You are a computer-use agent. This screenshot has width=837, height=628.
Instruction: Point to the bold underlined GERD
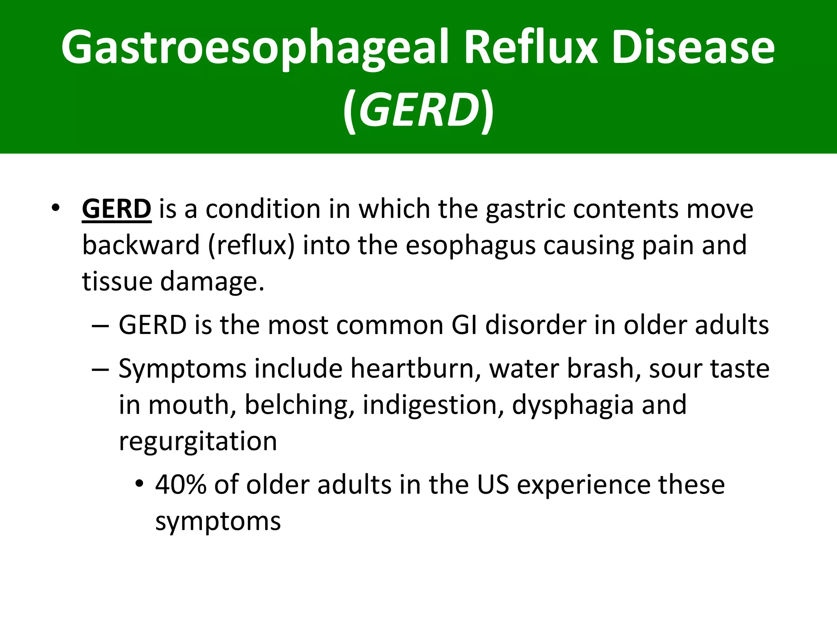click(x=116, y=209)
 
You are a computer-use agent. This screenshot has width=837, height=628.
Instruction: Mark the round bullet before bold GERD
click(x=56, y=209)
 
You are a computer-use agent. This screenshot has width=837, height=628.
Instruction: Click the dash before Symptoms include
click(x=100, y=369)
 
